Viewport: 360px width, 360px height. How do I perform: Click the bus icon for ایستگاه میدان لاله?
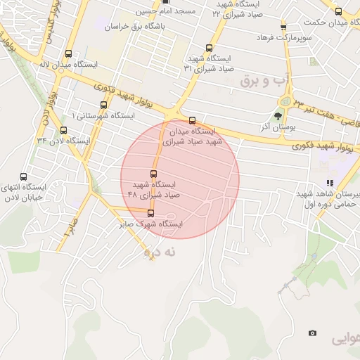(68, 53)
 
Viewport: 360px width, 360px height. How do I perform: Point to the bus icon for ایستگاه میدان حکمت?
(338, 11)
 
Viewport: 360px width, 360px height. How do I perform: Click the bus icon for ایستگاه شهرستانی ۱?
(104, 104)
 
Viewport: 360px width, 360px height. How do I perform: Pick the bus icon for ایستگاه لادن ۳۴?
(64, 130)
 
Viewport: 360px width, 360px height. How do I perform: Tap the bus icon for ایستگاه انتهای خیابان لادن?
(25, 177)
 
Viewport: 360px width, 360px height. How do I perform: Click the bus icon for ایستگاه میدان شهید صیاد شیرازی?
(193, 120)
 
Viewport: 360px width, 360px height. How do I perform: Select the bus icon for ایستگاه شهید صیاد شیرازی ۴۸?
(154, 174)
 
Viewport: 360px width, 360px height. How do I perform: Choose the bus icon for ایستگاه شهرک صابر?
(150, 212)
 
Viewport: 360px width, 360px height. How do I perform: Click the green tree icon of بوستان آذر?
(279, 117)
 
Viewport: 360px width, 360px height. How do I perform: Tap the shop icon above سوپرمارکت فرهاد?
(283, 26)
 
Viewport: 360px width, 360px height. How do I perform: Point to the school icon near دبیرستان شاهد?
(329, 183)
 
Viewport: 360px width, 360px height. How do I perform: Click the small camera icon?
(312, 333)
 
